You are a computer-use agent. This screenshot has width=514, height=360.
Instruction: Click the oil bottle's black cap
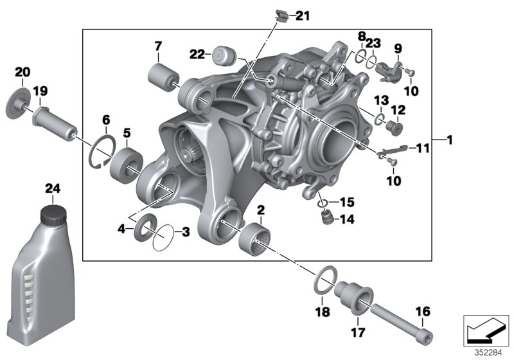point(51,214)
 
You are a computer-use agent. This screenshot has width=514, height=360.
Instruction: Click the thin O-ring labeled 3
point(163,237)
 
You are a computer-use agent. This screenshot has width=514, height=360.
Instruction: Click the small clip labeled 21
point(281,14)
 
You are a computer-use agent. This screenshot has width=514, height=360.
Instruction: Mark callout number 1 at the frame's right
point(450,139)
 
